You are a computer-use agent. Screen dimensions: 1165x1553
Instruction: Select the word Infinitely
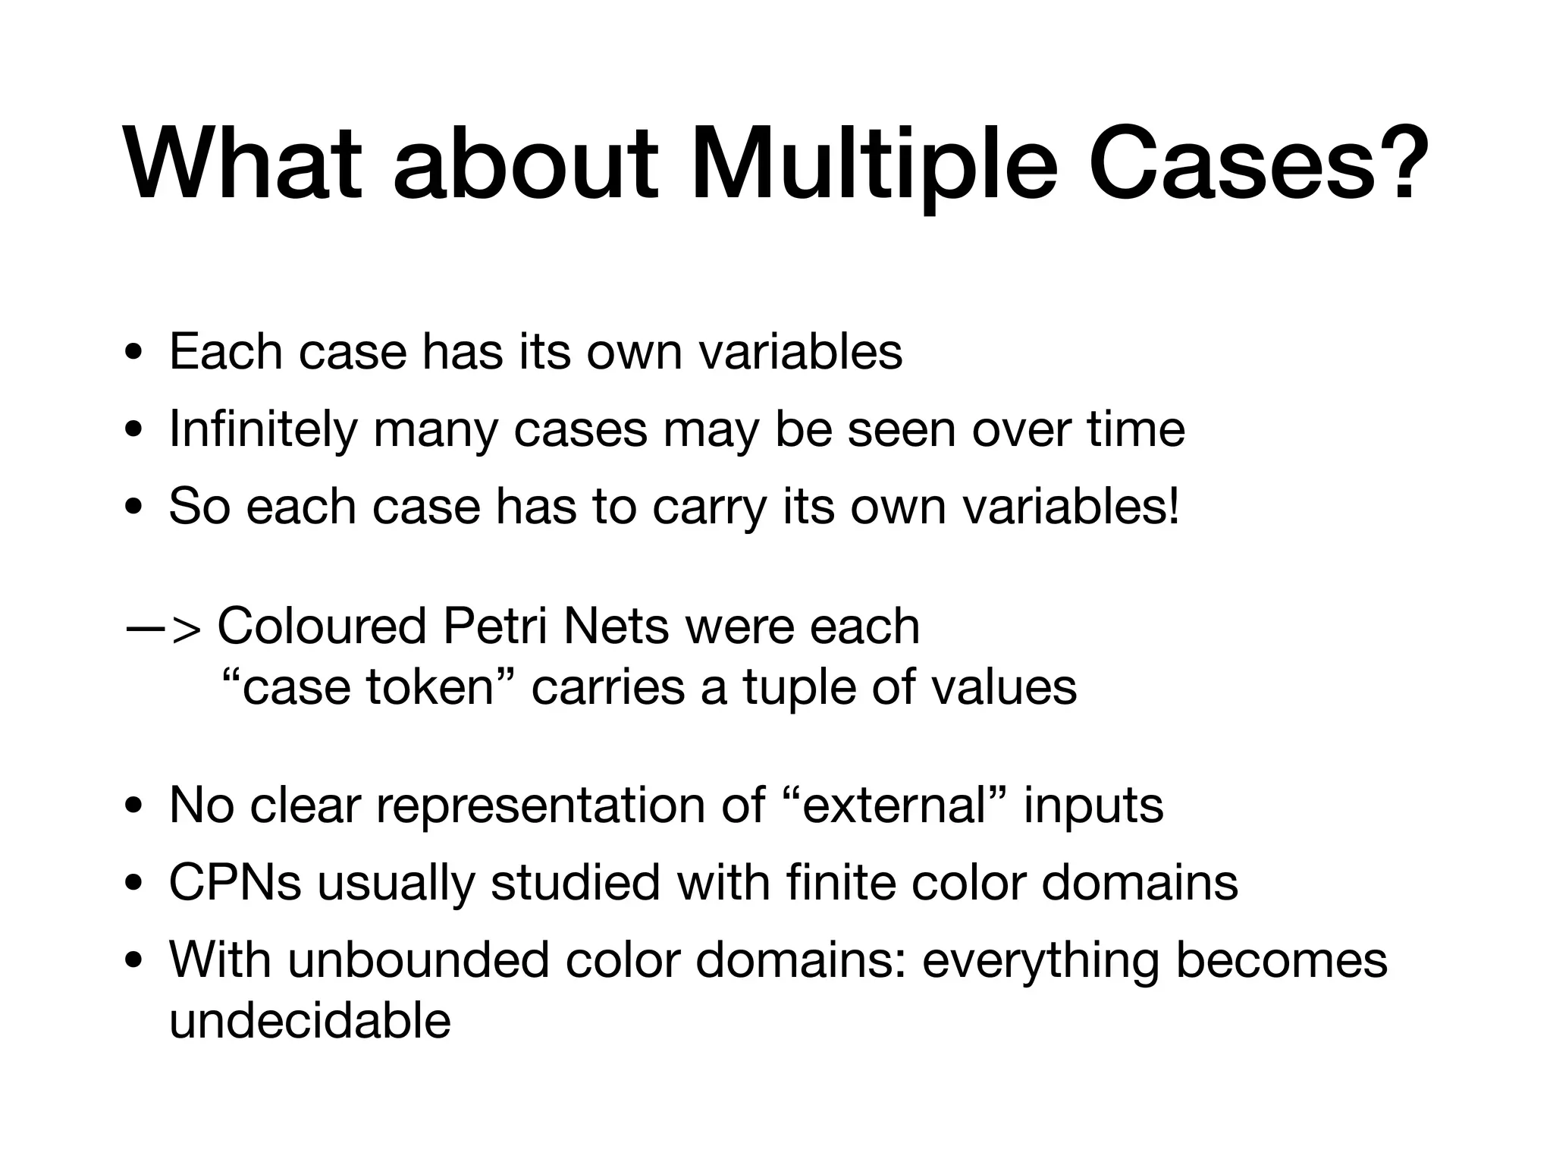(x=262, y=429)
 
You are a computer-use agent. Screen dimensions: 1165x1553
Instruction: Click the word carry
(x=710, y=507)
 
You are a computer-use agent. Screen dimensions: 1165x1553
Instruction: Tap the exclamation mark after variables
(x=1175, y=507)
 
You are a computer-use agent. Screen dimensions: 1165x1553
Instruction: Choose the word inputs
(x=1093, y=805)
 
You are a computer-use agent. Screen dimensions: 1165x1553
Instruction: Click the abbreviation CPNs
(x=235, y=883)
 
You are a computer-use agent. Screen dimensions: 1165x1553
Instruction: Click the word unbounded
(x=418, y=960)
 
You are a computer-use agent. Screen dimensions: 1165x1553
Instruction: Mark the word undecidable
(x=309, y=1021)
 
